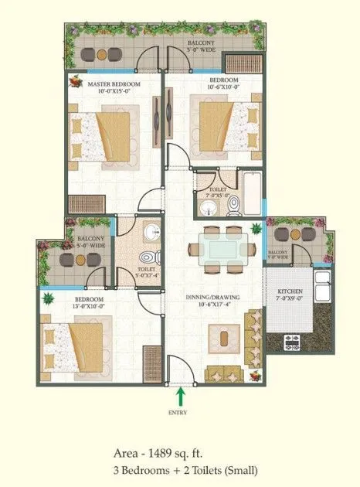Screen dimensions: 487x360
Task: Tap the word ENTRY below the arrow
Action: pyautogui.click(x=179, y=413)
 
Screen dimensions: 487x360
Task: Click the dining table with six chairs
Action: pyautogui.click(x=223, y=248)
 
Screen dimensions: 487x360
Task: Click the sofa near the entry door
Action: pyautogui.click(x=223, y=375)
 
